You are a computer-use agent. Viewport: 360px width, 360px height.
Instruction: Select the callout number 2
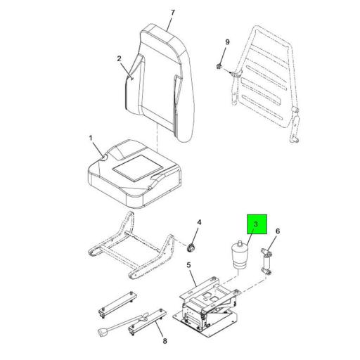(x=120, y=58)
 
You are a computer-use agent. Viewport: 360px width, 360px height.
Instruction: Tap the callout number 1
(x=90, y=139)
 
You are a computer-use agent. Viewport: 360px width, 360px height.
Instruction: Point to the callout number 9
(x=226, y=44)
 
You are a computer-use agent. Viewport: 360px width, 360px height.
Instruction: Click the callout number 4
(x=198, y=223)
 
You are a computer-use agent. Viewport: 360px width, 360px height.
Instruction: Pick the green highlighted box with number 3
(x=256, y=225)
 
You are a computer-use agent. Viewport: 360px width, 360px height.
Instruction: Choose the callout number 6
(x=277, y=231)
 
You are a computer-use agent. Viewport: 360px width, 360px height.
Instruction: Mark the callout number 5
(x=188, y=265)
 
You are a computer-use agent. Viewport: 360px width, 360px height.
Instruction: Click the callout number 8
(x=165, y=341)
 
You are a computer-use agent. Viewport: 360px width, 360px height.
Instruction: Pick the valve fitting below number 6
(x=267, y=261)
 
